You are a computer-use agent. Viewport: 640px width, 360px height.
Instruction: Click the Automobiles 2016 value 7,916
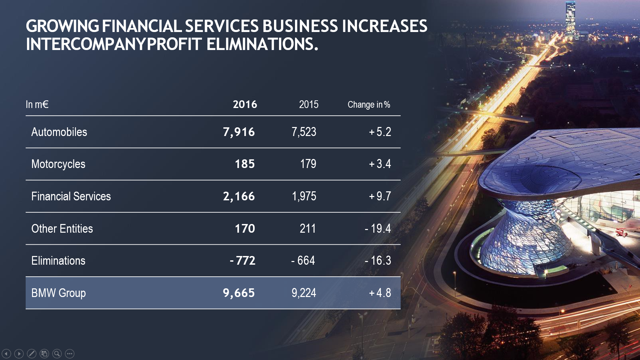click(x=239, y=132)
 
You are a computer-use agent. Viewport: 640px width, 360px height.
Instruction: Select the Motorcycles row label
click(x=58, y=164)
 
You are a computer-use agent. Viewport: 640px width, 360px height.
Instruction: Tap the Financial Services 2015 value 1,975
click(x=304, y=196)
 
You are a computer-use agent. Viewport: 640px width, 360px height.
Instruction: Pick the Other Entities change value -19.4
click(x=378, y=229)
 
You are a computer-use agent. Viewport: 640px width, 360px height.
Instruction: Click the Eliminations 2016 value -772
click(x=242, y=261)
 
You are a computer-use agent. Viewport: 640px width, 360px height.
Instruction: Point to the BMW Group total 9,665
click(x=239, y=293)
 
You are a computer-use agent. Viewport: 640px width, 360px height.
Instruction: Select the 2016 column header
click(x=245, y=105)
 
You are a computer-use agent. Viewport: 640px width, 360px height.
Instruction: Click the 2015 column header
click(x=309, y=105)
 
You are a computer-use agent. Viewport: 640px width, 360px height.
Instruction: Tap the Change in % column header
click(x=369, y=105)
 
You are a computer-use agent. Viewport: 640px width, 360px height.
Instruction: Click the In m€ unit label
click(x=37, y=105)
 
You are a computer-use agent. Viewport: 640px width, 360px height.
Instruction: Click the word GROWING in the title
click(x=62, y=26)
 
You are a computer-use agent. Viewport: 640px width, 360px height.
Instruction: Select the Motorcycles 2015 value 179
click(x=308, y=164)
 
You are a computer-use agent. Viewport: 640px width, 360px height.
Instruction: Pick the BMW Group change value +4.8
click(x=380, y=293)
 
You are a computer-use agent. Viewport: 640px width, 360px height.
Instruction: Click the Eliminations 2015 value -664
click(x=303, y=261)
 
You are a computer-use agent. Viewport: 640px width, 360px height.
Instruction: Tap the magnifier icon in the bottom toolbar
click(x=57, y=354)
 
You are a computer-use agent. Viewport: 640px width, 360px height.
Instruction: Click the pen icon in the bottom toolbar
click(x=32, y=354)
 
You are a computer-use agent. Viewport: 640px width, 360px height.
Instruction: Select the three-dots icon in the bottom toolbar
click(x=70, y=354)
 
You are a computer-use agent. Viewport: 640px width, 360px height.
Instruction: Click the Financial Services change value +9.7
click(x=380, y=196)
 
